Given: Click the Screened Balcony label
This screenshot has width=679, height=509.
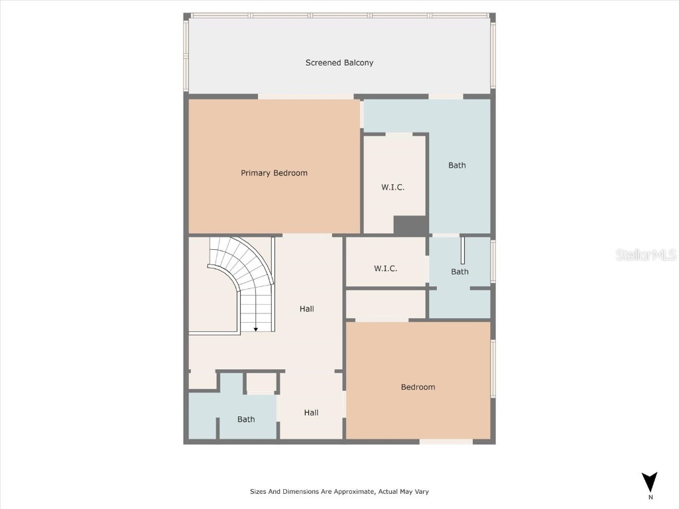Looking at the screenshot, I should point(339,63).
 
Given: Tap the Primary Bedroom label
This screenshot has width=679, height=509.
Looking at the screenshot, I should point(274,173).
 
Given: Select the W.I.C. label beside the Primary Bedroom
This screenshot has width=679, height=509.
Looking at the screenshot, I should point(393,188).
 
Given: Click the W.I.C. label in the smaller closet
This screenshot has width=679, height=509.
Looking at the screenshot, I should point(385,268).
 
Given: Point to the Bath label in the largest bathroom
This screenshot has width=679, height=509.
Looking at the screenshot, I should point(457,165).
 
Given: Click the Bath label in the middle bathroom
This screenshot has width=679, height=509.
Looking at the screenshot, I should point(460,272).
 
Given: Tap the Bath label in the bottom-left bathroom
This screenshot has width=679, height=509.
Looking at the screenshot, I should point(246,420).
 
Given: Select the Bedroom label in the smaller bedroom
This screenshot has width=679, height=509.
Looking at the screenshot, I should point(418,387).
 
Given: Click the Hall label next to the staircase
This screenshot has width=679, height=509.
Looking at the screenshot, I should point(306,309).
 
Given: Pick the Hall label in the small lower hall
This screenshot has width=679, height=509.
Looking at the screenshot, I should point(311,413).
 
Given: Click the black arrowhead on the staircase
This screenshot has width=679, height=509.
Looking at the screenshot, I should point(256,329).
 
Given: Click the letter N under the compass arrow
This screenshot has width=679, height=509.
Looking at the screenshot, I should point(650,497).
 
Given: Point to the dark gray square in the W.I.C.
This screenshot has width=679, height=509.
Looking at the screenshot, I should point(410,225).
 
